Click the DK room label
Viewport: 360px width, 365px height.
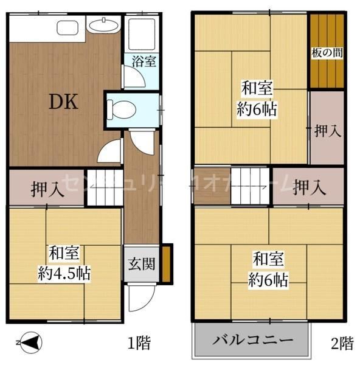tap(63, 102)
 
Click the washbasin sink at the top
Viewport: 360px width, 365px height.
tap(103, 26)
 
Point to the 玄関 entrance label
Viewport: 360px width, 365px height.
tap(142, 263)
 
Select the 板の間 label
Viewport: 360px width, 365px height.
tap(327, 53)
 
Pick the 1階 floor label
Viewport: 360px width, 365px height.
tap(139, 344)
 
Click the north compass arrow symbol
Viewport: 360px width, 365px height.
tap(29, 344)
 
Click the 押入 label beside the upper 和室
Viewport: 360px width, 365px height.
tap(327, 130)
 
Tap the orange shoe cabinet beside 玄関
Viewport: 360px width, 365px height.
tap(166, 263)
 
